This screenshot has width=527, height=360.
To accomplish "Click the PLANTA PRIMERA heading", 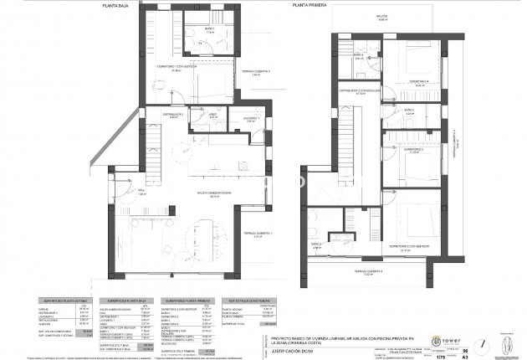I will [x=309, y=4].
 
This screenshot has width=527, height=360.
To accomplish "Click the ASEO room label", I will [x=212, y=115].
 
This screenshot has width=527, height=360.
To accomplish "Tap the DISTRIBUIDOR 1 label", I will [x=172, y=115].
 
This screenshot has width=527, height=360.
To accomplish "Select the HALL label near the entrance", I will [x=141, y=191].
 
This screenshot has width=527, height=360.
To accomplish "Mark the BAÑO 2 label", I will [x=316, y=244].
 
